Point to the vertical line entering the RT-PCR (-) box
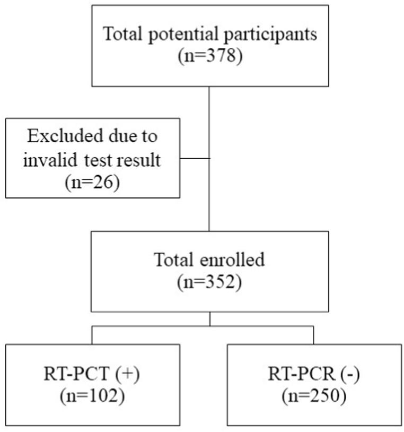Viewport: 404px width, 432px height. pyautogui.click(x=313, y=335)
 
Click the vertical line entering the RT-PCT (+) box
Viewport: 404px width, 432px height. pyautogui.click(x=92, y=335)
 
